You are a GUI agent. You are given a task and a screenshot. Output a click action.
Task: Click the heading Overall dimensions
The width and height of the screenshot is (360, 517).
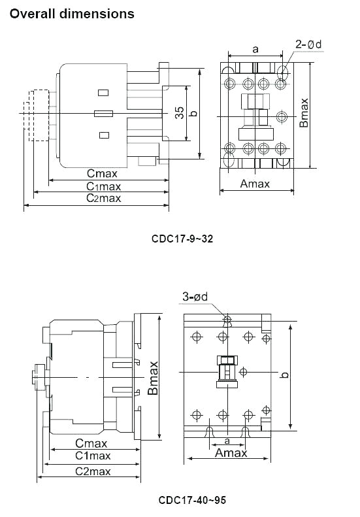73,13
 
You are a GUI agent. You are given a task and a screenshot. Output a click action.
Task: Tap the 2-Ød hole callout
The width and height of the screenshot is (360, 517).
308,44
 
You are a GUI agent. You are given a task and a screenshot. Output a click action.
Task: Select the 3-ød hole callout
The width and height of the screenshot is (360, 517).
195,297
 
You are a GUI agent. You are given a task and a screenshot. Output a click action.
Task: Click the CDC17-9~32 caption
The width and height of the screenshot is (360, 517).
182,239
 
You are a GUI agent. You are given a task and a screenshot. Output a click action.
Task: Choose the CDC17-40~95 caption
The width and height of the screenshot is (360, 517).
192,500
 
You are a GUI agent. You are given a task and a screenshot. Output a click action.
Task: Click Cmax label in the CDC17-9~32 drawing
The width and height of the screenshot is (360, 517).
103,174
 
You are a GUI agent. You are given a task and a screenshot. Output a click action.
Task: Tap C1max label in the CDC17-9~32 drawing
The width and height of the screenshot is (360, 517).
104,186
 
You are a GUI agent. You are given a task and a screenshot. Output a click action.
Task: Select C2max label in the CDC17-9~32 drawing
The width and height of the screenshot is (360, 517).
104,199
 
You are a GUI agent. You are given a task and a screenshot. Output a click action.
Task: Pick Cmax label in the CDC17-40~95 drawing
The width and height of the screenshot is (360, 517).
91,443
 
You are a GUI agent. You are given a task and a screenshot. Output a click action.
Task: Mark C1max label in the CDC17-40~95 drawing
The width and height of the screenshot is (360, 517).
92,456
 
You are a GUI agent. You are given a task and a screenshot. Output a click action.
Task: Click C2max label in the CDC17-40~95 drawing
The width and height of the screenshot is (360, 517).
92,471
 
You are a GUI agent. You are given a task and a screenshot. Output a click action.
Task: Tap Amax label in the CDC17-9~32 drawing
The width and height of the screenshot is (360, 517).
255,184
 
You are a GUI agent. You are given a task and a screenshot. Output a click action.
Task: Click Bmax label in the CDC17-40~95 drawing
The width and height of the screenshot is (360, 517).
153,378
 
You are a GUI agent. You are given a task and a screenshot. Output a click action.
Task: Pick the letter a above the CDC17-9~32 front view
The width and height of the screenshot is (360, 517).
255,48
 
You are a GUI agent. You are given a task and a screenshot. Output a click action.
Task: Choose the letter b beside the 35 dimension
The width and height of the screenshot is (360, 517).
193,113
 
